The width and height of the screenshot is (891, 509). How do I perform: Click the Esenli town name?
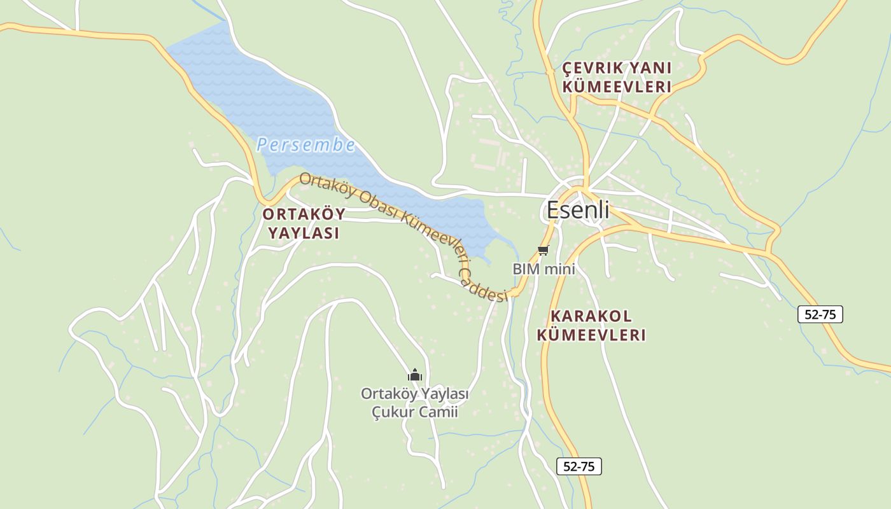[x=578, y=210]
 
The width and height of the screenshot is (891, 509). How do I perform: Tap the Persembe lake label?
[x=305, y=145]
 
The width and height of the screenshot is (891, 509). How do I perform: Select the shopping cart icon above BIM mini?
[x=543, y=251]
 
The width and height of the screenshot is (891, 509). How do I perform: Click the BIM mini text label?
[x=544, y=269]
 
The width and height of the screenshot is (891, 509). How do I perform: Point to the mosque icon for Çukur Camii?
[x=415, y=375]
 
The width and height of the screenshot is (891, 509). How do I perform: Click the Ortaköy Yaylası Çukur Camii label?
[x=415, y=403]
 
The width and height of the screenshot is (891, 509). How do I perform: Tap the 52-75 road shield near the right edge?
[x=820, y=314]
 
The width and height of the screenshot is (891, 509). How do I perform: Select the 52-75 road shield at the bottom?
[x=579, y=466]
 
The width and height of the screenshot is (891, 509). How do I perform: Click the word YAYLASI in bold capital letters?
[x=304, y=233]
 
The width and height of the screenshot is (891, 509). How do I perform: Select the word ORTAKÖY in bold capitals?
[x=304, y=214]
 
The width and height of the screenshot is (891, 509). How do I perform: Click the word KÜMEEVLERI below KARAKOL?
[x=591, y=335]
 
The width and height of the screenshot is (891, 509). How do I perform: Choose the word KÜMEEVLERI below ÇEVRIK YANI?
[x=617, y=87]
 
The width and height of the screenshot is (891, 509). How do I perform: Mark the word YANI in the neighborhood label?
[x=650, y=68]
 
